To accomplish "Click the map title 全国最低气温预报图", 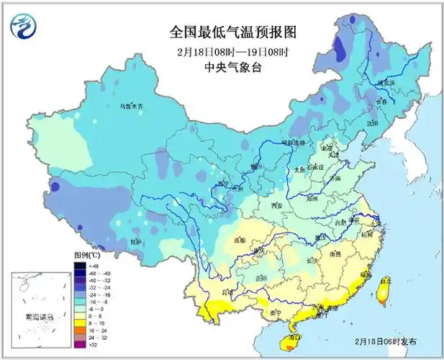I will pos(233,32).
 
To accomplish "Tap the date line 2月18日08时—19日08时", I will pos(233,52).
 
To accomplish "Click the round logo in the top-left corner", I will pos(24,27).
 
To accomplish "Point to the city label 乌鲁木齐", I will pos(132,106).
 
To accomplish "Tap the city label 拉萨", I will pos(135,241).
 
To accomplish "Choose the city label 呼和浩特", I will pos(293,143).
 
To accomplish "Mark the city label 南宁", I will pos(273,313).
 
